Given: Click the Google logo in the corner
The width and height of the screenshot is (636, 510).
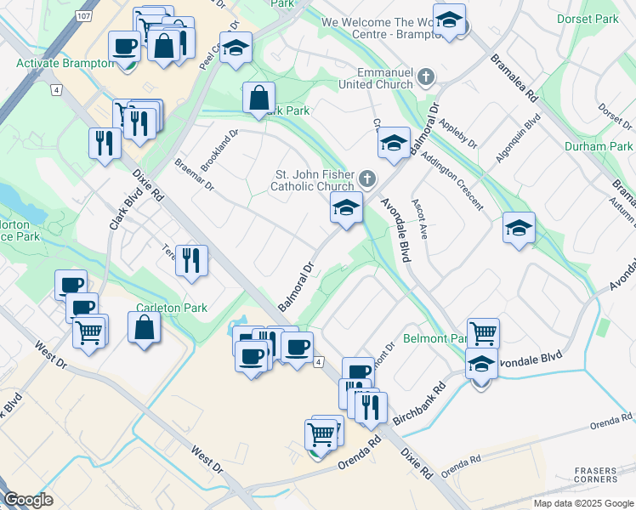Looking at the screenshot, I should [x=29, y=500].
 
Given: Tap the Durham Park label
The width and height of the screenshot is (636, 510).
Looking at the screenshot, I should [x=599, y=146].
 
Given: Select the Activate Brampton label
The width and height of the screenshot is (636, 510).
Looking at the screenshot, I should [x=65, y=64].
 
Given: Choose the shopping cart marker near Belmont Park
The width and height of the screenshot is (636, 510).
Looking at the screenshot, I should [x=483, y=333].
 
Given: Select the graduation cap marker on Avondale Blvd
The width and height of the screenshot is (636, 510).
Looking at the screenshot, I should [x=481, y=365].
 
